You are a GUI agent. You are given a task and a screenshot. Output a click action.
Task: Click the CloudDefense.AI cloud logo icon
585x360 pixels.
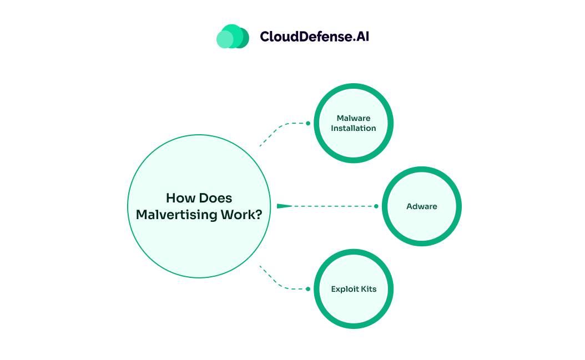(x=233, y=37)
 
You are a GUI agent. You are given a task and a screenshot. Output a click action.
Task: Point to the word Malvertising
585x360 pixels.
(x=176, y=215)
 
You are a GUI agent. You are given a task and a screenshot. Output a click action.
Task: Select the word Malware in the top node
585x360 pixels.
(x=354, y=118)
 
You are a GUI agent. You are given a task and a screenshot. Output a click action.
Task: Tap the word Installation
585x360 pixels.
(x=354, y=128)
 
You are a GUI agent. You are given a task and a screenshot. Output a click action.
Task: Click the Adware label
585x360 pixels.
(x=422, y=206)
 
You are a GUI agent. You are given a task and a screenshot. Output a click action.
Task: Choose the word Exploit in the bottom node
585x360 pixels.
(x=345, y=289)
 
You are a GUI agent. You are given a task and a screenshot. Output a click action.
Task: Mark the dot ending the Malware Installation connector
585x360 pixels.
(x=308, y=123)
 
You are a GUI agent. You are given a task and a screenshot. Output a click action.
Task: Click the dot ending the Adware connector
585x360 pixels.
(x=376, y=206)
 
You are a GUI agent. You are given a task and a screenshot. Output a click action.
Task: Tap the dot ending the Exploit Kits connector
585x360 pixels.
(x=308, y=289)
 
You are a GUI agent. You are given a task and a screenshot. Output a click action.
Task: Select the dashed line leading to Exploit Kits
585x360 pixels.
(x=280, y=285)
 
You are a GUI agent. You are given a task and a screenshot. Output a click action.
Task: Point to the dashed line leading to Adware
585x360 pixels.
(x=333, y=206)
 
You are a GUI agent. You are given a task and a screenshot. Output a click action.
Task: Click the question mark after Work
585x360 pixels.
(x=258, y=215)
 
